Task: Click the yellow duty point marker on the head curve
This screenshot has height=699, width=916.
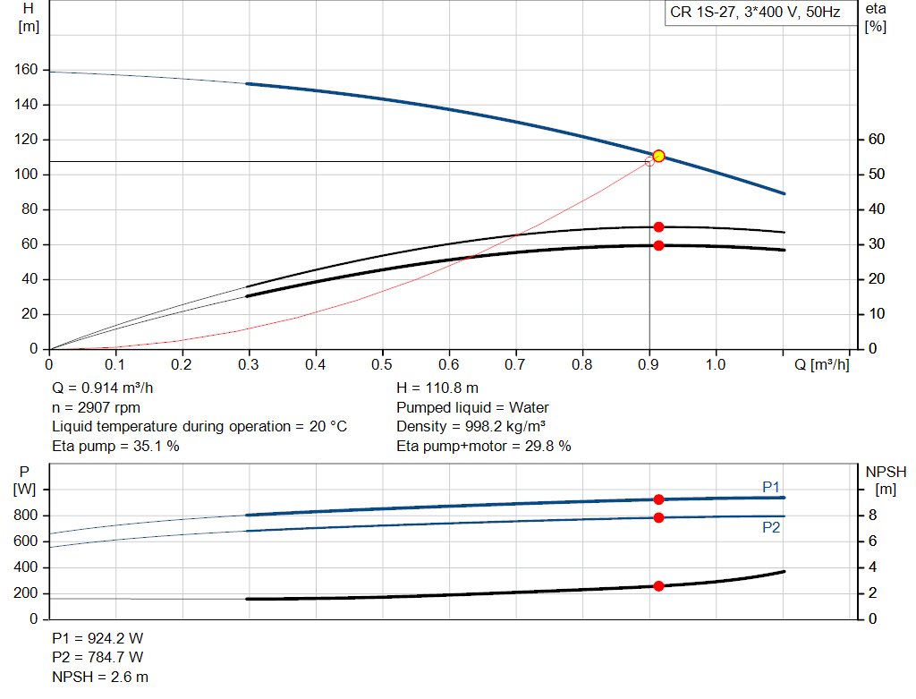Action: [x=658, y=156]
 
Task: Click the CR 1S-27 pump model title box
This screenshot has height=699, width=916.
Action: [x=755, y=13]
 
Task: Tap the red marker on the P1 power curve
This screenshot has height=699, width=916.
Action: [x=658, y=499]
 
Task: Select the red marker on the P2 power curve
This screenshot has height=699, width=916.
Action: [x=658, y=517]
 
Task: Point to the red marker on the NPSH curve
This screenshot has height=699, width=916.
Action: [x=658, y=586]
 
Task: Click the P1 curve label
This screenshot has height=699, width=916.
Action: [x=771, y=486]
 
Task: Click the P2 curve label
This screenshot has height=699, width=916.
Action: [x=771, y=528]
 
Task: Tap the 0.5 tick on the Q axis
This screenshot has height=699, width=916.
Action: [x=382, y=364]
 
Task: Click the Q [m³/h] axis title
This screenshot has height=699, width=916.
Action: [x=816, y=364]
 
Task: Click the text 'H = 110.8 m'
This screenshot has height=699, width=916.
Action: [x=437, y=388]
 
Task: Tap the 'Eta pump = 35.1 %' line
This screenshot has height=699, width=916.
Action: [x=115, y=446]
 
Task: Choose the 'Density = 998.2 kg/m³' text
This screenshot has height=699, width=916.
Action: [x=471, y=426]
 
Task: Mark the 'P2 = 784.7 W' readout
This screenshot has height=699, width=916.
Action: [x=98, y=658]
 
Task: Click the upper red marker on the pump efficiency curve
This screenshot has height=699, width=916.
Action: [x=658, y=227]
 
